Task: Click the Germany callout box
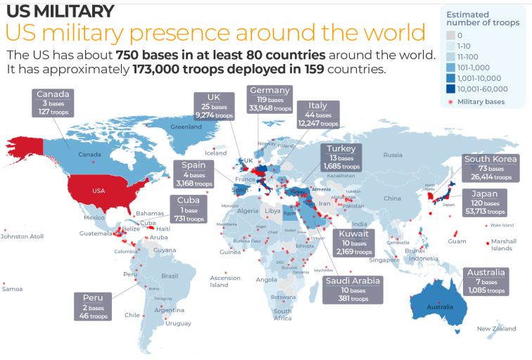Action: tap(270, 99)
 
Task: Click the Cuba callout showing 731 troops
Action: tap(187, 210)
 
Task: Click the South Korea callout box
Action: tap(490, 169)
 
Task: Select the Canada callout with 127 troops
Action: tap(53, 103)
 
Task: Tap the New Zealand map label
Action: tap(497, 329)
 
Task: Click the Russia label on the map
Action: tap(393, 155)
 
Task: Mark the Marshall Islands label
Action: tap(502, 245)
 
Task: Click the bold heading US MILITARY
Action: tap(59, 11)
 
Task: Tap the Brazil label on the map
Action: tap(170, 276)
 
